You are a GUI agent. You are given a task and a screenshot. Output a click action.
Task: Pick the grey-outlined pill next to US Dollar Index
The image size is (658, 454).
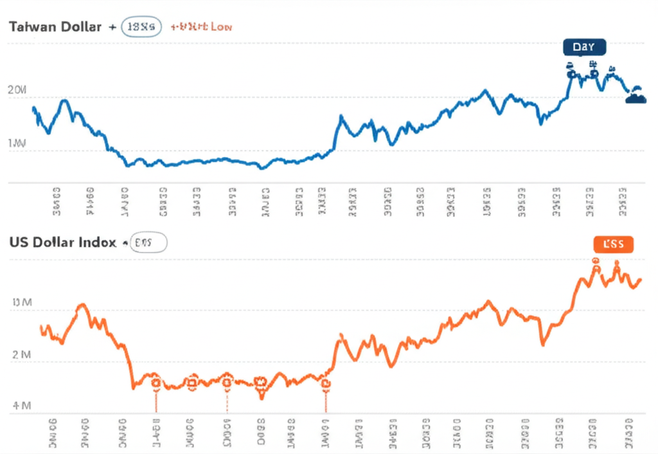pos(148,242)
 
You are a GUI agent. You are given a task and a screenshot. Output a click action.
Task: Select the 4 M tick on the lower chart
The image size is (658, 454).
pos(21,406)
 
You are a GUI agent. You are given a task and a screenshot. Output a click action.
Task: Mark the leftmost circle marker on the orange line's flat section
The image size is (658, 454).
pos(156,383)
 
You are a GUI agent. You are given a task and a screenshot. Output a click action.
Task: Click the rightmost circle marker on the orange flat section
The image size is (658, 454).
pos(326,384)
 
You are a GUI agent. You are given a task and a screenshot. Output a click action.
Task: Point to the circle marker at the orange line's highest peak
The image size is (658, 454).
pos(596,261)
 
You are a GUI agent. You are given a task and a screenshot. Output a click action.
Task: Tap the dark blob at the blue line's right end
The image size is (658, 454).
pos(636,98)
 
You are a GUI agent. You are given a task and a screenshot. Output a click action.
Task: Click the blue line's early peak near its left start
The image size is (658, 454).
pos(64,101)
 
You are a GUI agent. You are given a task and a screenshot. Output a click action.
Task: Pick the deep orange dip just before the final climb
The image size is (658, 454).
pos(543,344)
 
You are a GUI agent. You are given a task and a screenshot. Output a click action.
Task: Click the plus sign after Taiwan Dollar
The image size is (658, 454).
pos(113,27)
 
